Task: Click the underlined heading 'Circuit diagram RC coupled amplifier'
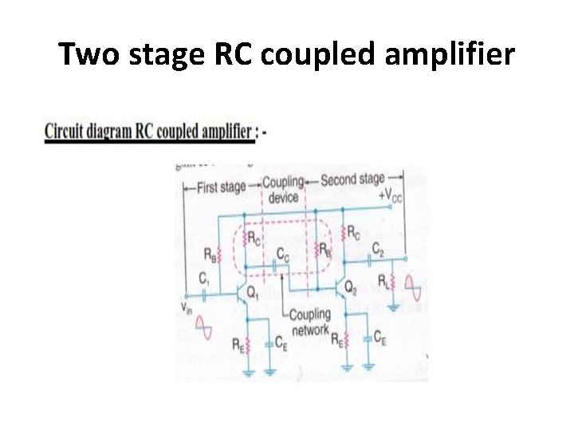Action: point(148,131)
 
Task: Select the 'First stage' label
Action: point(217,188)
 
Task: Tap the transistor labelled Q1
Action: point(241,293)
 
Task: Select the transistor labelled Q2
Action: point(342,288)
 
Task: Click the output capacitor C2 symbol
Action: point(375,259)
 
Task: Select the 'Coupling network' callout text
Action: point(309,322)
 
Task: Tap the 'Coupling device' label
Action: point(283,189)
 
